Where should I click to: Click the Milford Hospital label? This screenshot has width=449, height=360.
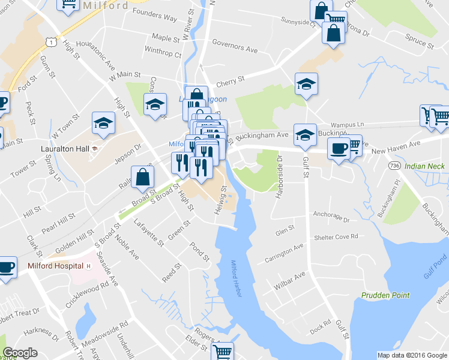click(x=56, y=266)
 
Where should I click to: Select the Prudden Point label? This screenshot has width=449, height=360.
click(x=385, y=295)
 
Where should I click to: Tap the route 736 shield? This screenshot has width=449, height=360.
click(x=394, y=165)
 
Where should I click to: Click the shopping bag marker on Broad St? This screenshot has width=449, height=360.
click(x=143, y=178)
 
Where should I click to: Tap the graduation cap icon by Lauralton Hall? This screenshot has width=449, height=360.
click(x=103, y=123)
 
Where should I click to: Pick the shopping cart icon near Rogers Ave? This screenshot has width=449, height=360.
click(x=223, y=351)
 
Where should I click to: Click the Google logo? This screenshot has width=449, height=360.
click(x=20, y=353)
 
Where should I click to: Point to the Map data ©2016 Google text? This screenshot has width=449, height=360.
click(x=412, y=355)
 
